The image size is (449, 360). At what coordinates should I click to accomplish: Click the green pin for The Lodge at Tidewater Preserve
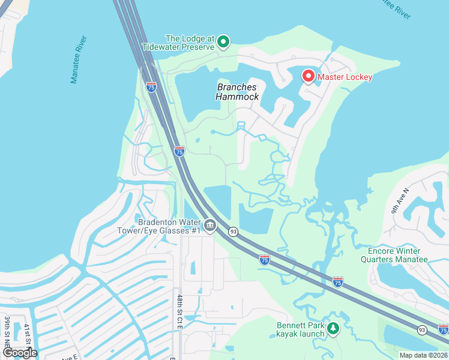223,41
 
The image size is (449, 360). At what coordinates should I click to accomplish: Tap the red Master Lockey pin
308,76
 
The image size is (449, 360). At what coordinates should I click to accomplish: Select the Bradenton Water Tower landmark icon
209,226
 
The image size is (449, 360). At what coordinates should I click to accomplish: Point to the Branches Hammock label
238,92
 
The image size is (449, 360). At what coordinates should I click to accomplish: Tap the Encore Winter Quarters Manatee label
394,255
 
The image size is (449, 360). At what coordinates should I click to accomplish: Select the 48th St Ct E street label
179,311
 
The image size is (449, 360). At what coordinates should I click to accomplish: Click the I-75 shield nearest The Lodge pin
151,86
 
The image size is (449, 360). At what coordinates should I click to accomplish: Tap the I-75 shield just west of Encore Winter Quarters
338,281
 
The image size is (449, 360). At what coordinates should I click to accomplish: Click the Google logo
20,352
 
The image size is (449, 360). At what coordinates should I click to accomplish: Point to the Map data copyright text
424,355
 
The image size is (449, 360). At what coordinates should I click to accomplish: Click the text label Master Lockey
345,77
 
